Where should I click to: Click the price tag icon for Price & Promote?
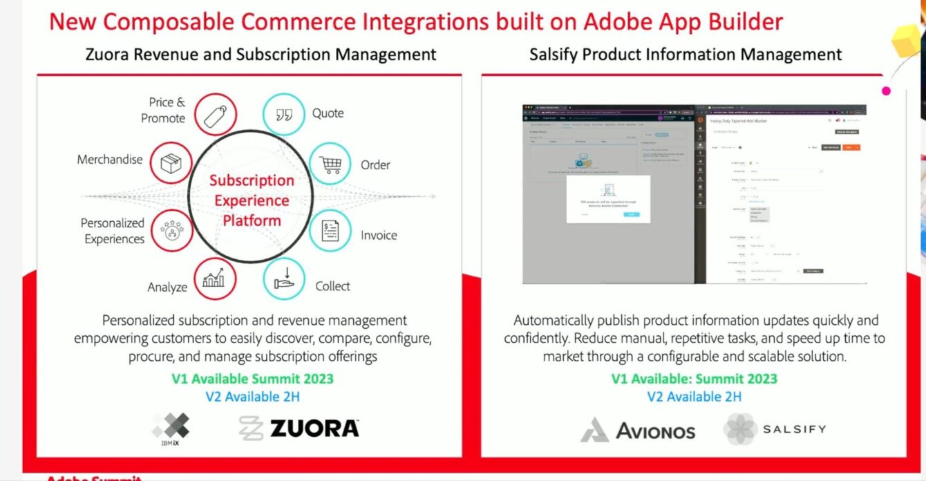coord(215,114)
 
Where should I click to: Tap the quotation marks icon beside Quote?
coord(284,114)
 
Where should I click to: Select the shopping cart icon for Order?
coord(330,164)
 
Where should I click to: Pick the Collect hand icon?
coord(284,279)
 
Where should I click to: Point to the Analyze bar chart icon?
coord(215,279)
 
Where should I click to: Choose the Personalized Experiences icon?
coord(170,231)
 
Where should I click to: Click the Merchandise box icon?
coord(170,163)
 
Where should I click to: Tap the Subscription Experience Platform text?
coord(252,200)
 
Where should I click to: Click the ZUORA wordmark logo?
coord(314,428)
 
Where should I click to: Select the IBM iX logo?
coord(171,428)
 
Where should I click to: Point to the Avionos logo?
coord(637,431)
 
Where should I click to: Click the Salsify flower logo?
coord(740,429)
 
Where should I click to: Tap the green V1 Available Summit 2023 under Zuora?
coord(252,379)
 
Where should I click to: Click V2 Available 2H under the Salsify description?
coord(694,397)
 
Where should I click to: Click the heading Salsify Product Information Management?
coord(686,55)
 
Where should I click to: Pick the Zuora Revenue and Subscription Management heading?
coord(261,55)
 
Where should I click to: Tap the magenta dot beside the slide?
coord(887,91)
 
